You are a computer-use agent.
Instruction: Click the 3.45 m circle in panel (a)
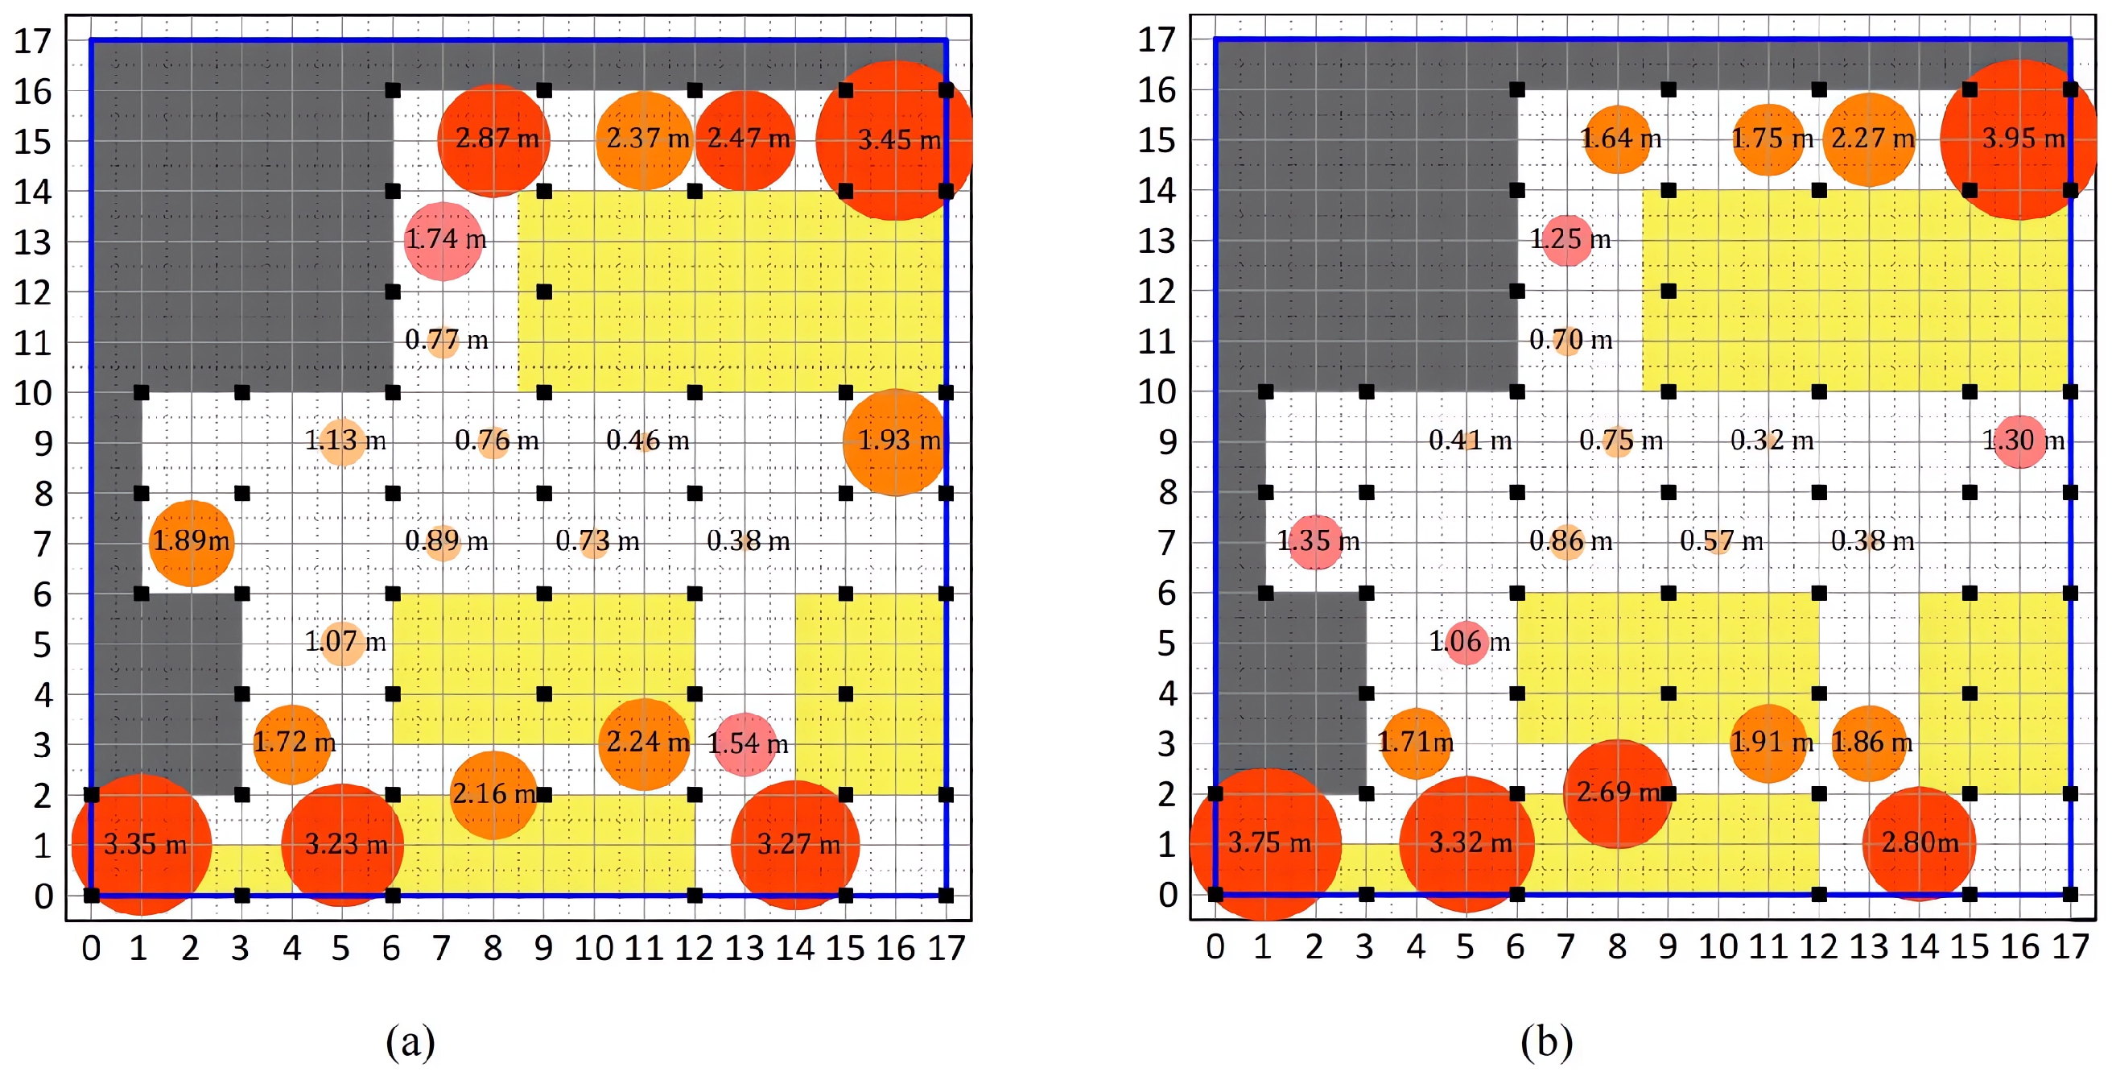click(x=896, y=140)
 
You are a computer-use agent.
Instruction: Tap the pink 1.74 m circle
click(x=443, y=241)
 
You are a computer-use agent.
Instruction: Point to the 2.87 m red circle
click(x=493, y=140)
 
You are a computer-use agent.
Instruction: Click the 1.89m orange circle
click(x=192, y=543)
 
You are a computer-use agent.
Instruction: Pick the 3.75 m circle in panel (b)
click(x=1266, y=844)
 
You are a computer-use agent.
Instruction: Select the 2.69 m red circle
click(x=1618, y=793)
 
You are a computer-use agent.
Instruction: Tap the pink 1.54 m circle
click(x=745, y=744)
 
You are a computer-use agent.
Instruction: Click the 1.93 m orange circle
click(x=896, y=442)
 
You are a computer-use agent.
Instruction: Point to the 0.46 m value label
click(x=648, y=441)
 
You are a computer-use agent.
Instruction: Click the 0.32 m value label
click(x=1772, y=441)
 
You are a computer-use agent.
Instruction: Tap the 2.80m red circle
click(x=1920, y=843)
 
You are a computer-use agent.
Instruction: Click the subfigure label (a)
click(x=410, y=1041)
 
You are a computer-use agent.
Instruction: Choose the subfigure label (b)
click(x=1546, y=1041)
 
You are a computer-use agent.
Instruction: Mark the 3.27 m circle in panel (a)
click(x=795, y=844)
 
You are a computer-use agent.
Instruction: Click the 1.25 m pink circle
click(x=1567, y=240)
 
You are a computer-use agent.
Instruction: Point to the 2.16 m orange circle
click(x=493, y=795)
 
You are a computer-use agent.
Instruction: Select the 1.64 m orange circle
click(x=1618, y=139)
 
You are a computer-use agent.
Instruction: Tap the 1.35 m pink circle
click(x=1316, y=542)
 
